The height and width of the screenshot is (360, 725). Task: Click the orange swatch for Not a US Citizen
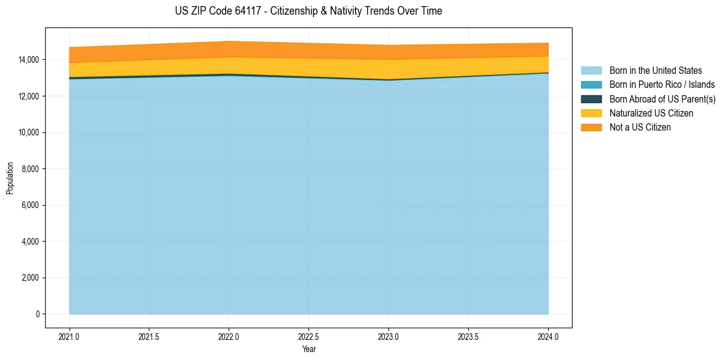coord(591,128)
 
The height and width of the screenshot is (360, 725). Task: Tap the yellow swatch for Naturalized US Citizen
coord(591,113)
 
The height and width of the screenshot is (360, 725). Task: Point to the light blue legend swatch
coord(591,71)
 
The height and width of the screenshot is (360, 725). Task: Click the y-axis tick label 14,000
coord(28,60)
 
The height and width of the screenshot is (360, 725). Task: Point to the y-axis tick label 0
coord(37,314)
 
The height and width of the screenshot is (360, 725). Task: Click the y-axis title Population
coord(10,178)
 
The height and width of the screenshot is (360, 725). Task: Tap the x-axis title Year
coord(309,349)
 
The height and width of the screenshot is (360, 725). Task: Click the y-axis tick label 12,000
coord(28,96)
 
